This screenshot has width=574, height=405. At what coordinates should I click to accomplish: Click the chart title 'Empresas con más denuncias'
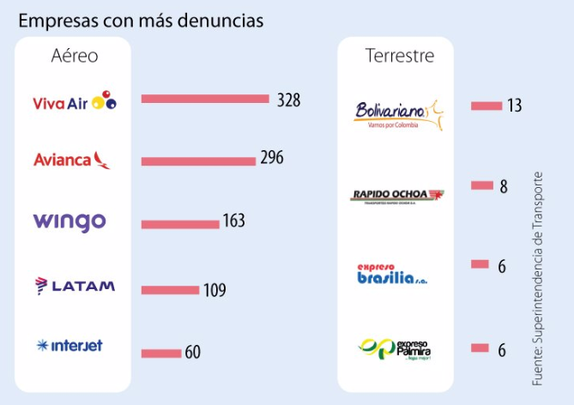(141, 19)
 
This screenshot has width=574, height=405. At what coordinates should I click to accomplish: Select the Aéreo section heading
(75, 57)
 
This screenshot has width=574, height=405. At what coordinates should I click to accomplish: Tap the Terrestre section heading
(399, 57)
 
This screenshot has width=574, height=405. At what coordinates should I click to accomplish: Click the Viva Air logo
(75, 101)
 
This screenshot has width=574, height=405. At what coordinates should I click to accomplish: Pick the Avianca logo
(73, 160)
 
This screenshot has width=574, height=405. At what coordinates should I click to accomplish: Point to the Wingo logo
(69, 221)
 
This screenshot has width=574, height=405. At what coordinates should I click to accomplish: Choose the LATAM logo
(75, 285)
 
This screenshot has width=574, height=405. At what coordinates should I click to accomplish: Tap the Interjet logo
(69, 346)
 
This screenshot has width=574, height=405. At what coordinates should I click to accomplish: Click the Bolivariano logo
(398, 113)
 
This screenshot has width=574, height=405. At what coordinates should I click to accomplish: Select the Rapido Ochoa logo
(398, 195)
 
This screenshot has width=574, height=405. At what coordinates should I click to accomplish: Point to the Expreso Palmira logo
(396, 349)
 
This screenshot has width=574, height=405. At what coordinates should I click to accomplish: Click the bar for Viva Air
(205, 99)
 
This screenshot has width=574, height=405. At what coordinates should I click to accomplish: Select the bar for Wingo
(180, 224)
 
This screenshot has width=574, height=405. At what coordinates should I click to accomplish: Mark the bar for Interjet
(160, 353)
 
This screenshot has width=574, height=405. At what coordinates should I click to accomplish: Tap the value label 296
(272, 158)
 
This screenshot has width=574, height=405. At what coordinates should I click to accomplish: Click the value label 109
(214, 290)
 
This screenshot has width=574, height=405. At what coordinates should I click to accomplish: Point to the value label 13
(514, 106)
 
